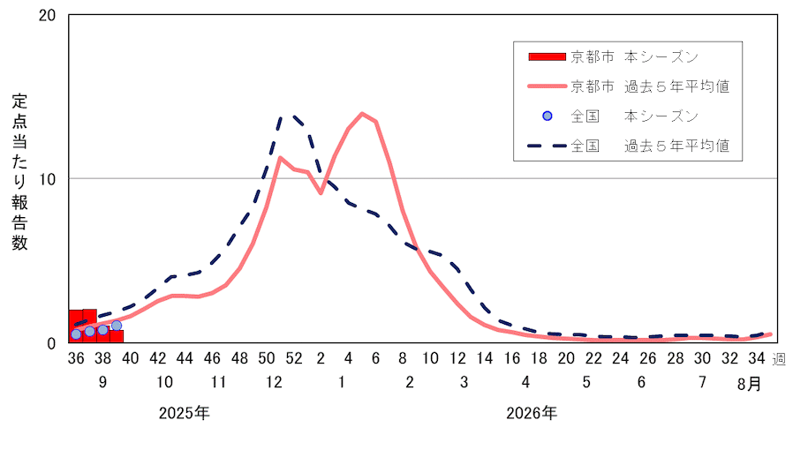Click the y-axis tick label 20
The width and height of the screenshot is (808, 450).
point(48,16)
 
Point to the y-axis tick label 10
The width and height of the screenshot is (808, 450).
point(48,179)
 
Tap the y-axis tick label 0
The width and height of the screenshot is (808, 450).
point(52,342)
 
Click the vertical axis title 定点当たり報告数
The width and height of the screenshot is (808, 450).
point(19,172)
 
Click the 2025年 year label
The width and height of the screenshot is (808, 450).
point(185,413)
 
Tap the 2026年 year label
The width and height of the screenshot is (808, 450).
point(532,413)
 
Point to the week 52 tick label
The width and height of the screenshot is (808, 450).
point(294,359)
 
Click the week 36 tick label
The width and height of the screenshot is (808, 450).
point(76,359)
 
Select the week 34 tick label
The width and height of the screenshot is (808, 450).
point(756,359)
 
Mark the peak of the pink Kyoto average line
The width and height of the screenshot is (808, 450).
point(362,113)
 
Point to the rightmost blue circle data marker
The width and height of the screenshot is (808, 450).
point(117,326)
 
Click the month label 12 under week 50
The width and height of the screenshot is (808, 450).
point(273,384)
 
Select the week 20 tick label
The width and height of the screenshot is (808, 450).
point(566,359)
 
